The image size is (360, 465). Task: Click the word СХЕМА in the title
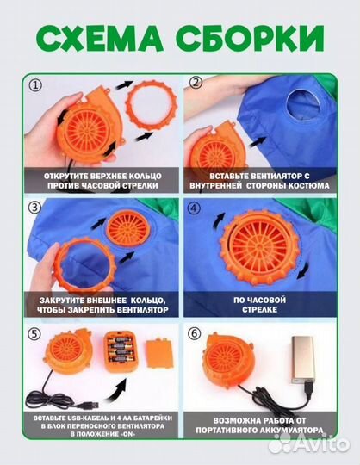(100, 39)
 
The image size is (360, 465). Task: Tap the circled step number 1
(35, 86)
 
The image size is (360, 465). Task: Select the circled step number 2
(196, 83)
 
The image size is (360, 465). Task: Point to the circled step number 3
(34, 208)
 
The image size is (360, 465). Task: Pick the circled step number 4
(194, 208)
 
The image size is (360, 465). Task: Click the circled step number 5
(34, 334)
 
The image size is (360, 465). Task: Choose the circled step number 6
(194, 333)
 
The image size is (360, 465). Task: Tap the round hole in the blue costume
(304, 105)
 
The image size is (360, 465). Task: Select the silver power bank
(303, 361)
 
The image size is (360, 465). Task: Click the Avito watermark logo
(309, 444)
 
